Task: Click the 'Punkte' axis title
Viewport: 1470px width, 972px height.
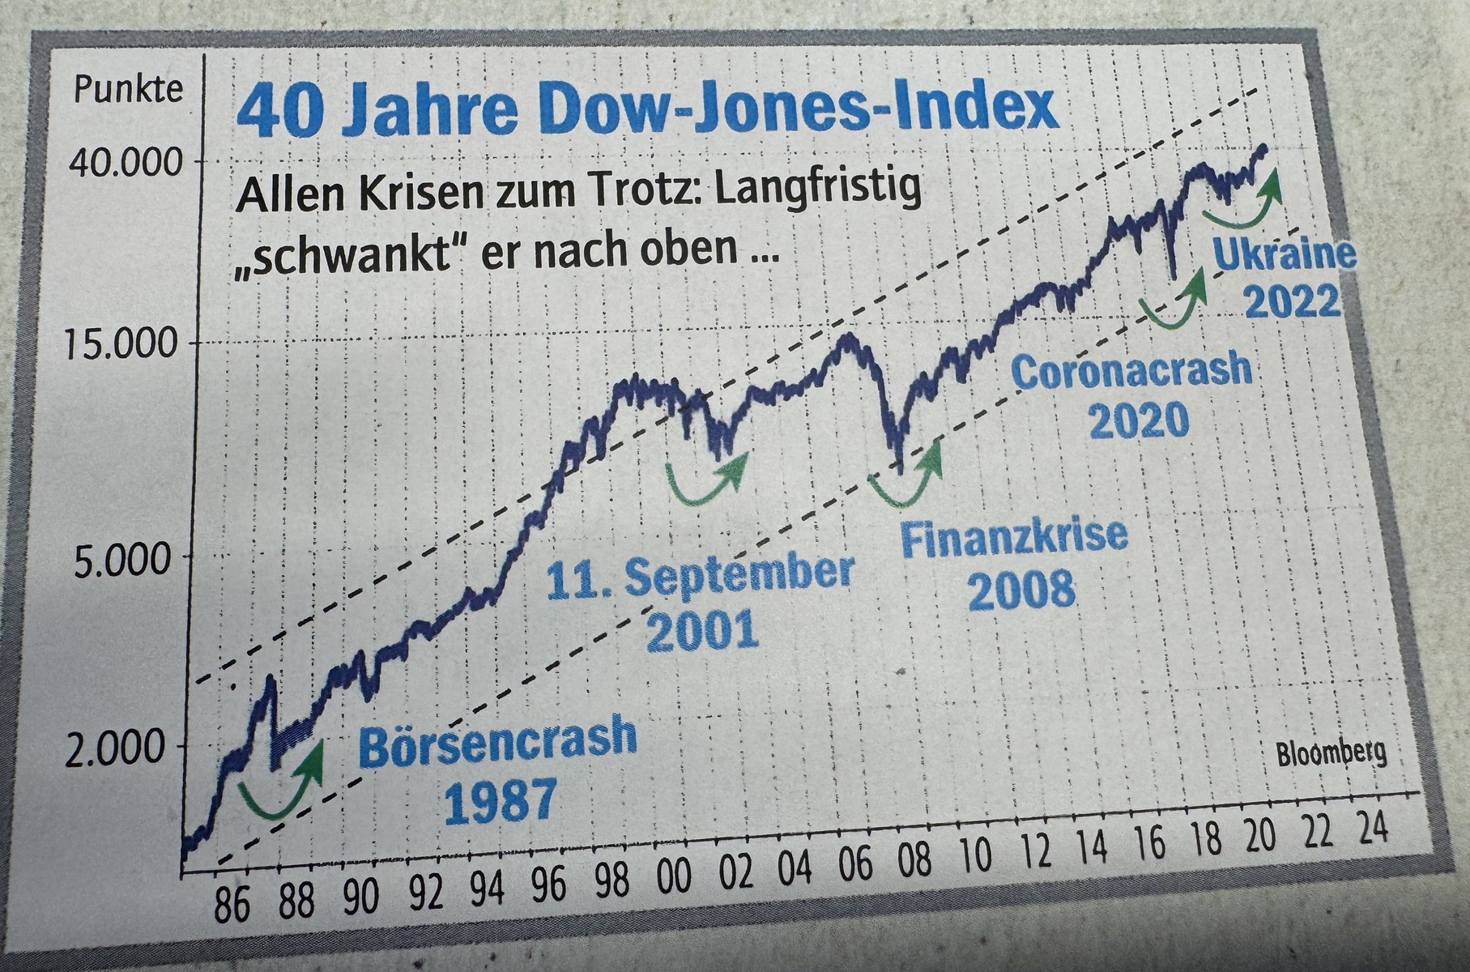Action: [x=129, y=89]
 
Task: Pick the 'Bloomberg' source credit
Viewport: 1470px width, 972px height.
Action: [x=1331, y=754]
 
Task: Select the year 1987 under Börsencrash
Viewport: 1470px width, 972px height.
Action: [x=502, y=800]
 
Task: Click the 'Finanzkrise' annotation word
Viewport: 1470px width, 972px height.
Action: [x=1014, y=537]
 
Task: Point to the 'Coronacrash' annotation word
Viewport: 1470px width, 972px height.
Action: [x=1132, y=371]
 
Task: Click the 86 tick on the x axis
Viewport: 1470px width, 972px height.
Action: [x=232, y=906]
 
